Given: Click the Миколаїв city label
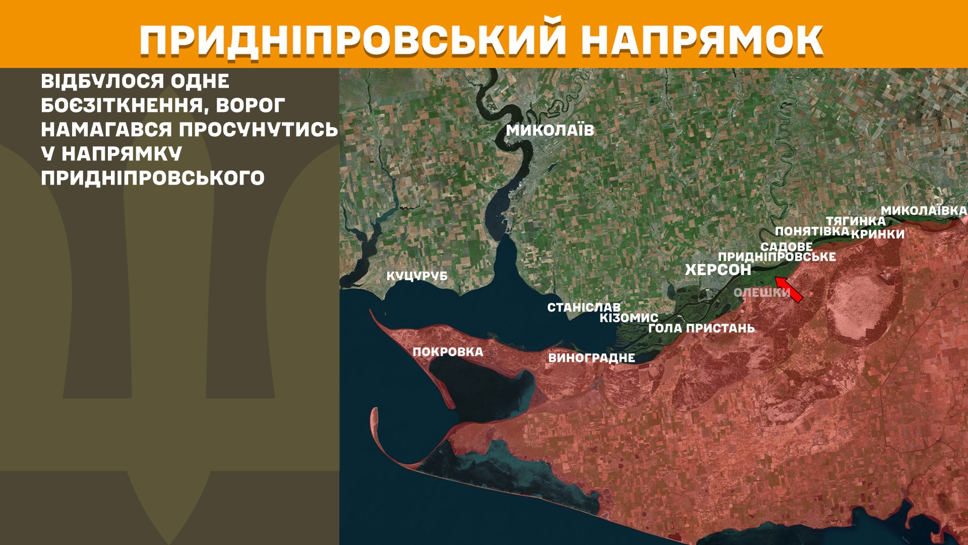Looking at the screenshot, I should point(550,130).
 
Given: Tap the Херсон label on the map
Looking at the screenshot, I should point(718,270).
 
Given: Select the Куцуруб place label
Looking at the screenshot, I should point(417,276).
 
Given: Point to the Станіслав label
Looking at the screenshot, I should point(584,307).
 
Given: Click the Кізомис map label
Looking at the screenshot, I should point(629,318).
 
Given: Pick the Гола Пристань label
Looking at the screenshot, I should point(701,329).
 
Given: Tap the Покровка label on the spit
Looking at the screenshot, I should point(448,352).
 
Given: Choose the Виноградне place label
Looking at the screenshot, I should point(591,358).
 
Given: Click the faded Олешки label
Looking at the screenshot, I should point(761,293).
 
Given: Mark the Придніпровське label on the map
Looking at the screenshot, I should point(777,257).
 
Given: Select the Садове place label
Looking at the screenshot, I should point(786,247).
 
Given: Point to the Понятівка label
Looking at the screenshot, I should point(812,231).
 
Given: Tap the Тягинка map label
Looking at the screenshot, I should point(856,221).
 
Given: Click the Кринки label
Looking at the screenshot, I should point(878,234).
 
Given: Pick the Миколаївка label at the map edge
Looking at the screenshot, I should point(924,210).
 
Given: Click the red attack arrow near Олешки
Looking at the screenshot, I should point(789,290).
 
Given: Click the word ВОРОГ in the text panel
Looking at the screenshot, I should point(251,106).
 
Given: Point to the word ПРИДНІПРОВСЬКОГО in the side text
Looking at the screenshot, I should point(153,178).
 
